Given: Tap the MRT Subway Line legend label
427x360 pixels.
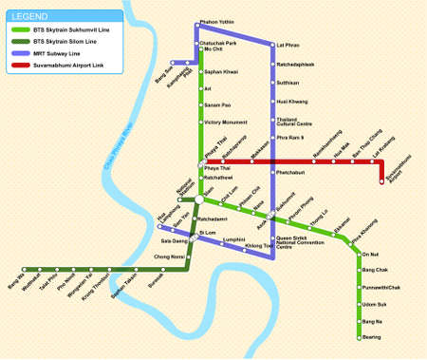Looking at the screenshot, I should pos(58,52).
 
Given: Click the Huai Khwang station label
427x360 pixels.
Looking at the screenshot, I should pos(289,101).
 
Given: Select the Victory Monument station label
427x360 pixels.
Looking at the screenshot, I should pos(225,123).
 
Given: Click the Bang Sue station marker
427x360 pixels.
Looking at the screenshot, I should pos(171,63).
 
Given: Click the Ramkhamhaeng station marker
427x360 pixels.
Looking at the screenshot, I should pos(313,161).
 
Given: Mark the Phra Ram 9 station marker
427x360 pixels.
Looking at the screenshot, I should pos(271,139).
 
